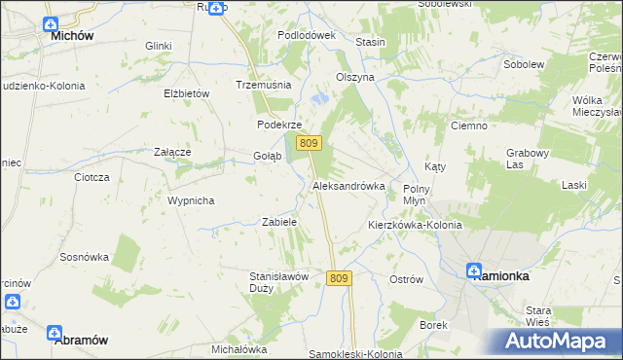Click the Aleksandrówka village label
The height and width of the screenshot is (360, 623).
click(x=348, y=185)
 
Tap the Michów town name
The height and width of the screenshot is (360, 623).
click(x=71, y=35)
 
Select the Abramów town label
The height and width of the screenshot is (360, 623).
click(x=81, y=341)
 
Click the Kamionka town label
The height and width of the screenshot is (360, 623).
click(x=500, y=276)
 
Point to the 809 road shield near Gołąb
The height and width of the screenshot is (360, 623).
click(x=309, y=144)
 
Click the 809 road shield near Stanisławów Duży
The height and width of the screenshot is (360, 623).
click(x=338, y=278)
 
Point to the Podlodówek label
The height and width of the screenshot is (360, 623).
click(x=306, y=35)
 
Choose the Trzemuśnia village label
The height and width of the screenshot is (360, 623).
click(x=264, y=85)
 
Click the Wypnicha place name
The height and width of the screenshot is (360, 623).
click(x=191, y=200)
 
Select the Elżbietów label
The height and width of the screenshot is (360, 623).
click(x=188, y=93)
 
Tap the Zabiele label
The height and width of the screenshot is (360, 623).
click(x=279, y=222)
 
